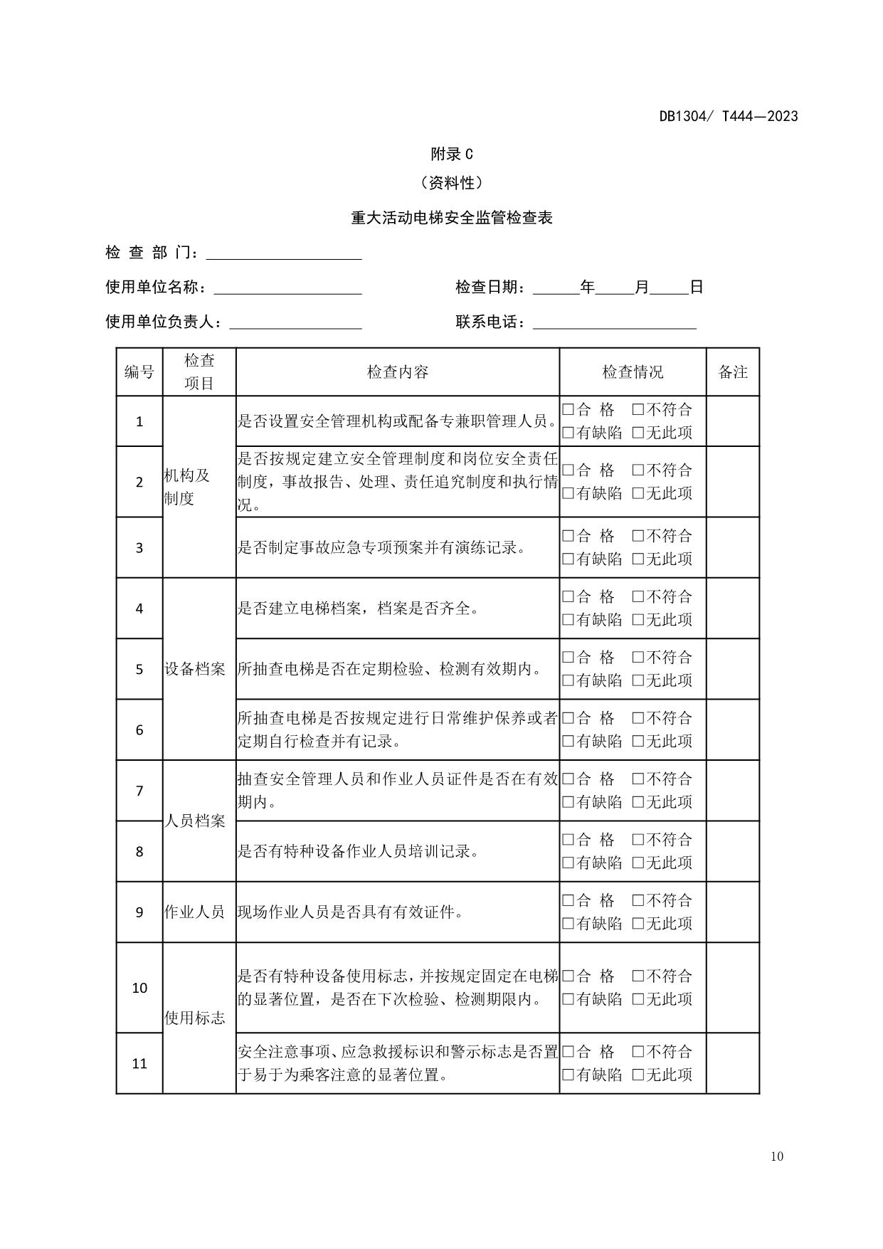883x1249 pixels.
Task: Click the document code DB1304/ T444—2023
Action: coord(728,116)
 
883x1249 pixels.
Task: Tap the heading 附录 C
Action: coord(451,154)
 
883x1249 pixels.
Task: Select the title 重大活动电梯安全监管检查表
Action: coord(451,218)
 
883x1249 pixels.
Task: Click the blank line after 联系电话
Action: coord(614,324)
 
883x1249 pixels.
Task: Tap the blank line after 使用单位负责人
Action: coord(295,324)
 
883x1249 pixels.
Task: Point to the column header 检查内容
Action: coord(397,372)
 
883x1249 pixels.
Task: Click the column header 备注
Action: coord(732,372)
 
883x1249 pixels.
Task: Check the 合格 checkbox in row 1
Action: coord(568,409)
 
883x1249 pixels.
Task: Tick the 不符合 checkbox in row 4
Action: coord(638,596)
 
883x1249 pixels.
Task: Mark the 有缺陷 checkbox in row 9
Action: coord(568,924)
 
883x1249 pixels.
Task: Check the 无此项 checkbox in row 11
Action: coord(638,1075)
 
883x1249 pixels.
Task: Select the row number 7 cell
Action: coord(139,791)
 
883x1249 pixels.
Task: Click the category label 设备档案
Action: coord(195,669)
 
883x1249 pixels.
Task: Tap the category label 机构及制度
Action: coord(187,487)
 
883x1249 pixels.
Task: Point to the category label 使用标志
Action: coord(195,1018)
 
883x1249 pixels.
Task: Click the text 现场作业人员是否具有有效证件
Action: coord(350,912)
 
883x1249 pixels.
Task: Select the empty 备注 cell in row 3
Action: coord(732,547)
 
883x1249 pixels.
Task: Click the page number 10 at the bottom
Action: coord(776,1156)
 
